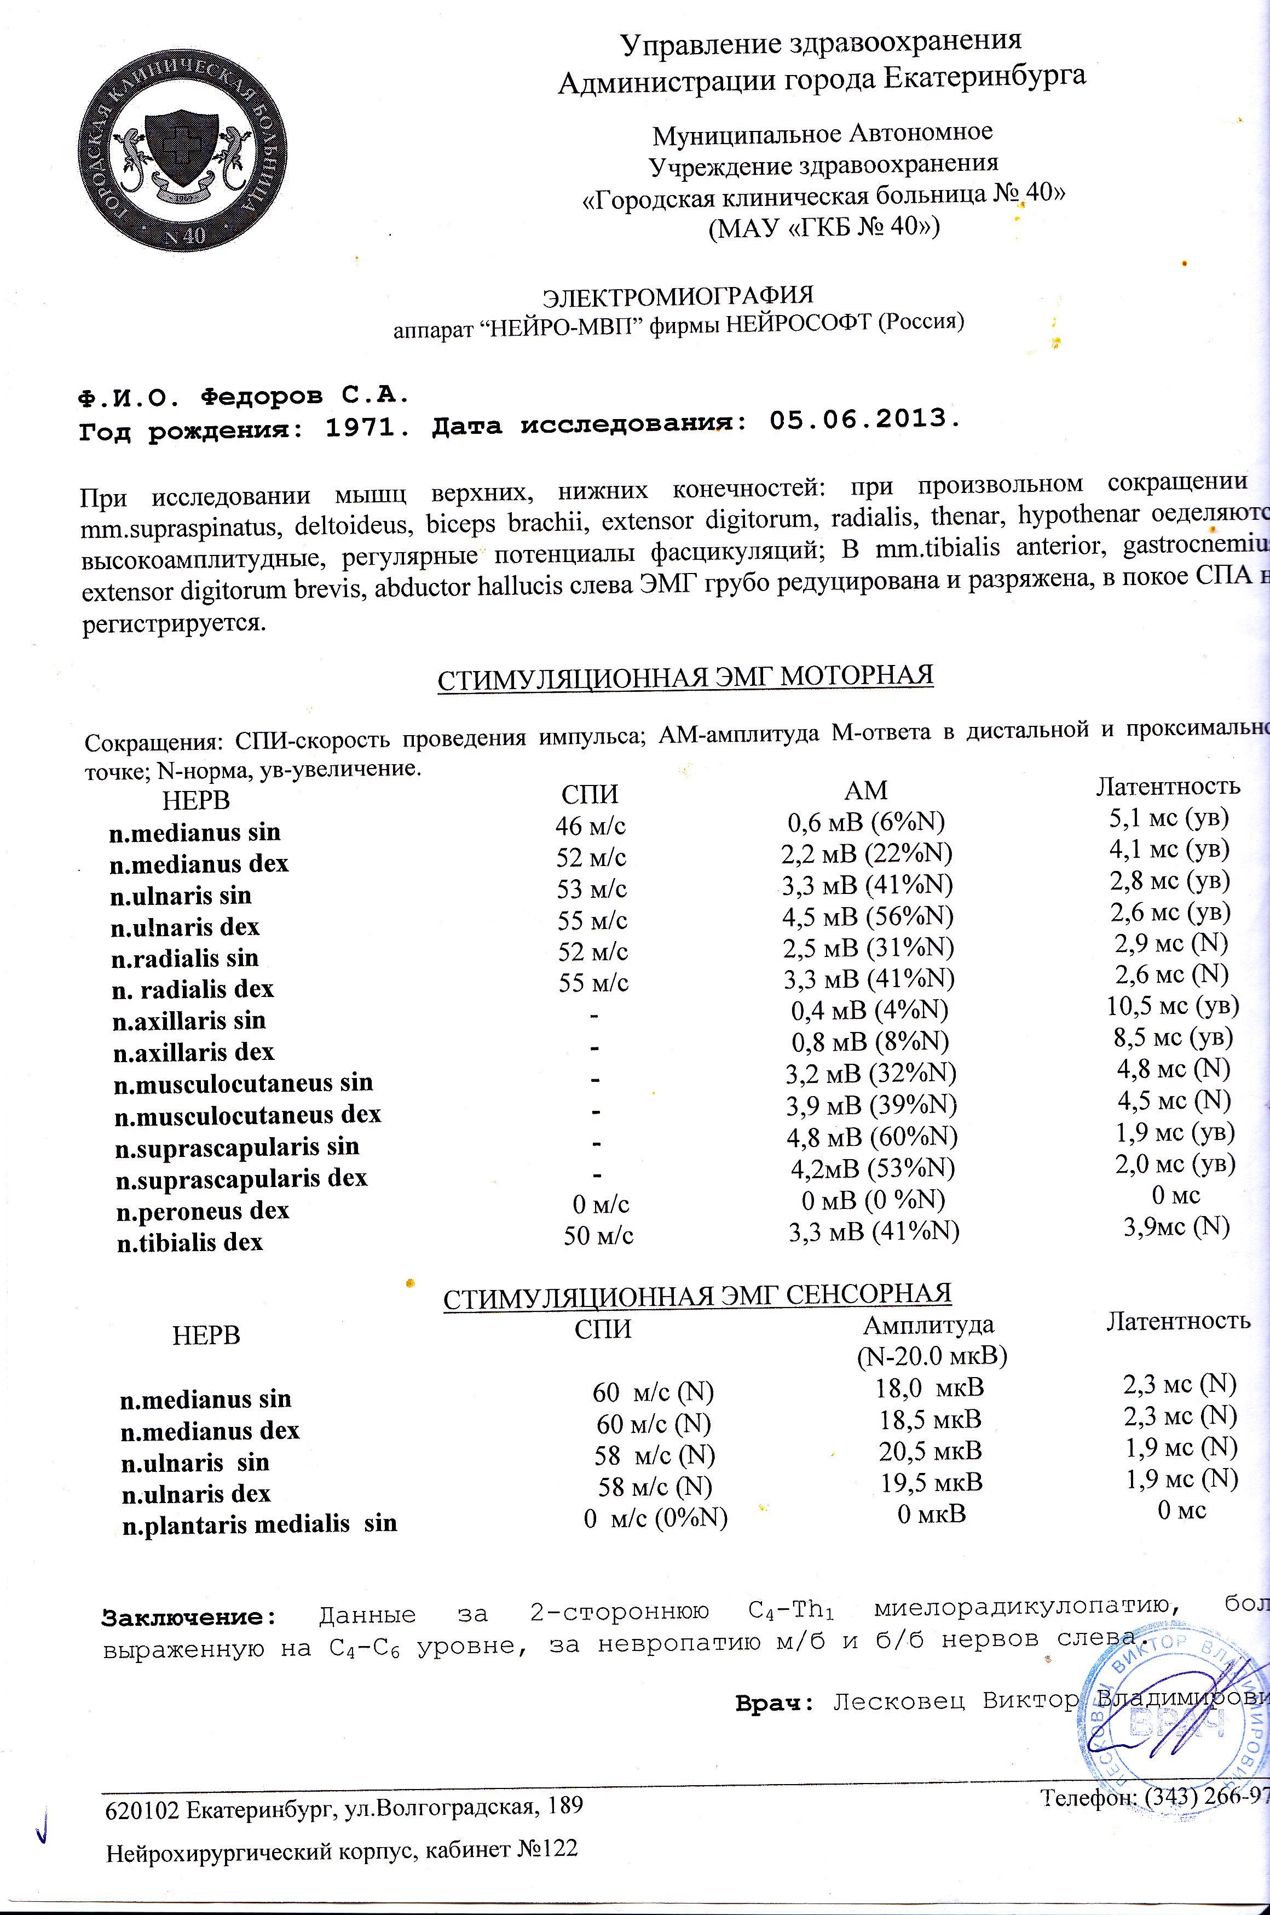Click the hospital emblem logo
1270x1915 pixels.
183,151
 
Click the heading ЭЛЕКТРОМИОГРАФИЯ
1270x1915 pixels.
677,296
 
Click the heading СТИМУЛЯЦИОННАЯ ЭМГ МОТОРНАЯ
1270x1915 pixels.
685,676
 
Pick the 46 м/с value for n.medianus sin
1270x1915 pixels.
591,826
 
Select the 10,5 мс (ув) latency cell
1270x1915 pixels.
1173,1006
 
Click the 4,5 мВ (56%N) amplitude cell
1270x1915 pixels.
868,916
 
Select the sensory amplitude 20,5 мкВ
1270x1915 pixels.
931,1450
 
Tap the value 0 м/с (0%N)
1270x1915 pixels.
655,1517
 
